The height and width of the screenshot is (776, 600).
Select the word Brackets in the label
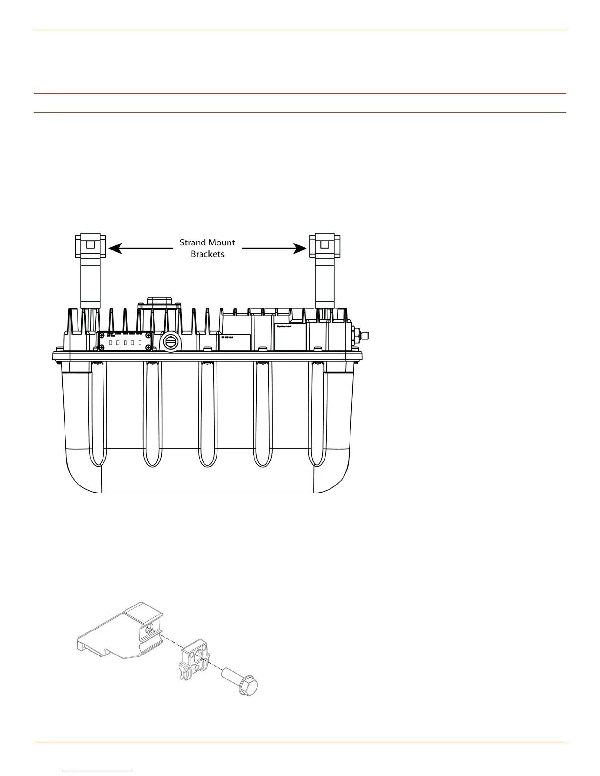pos(207,255)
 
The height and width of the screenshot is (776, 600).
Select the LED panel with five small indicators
pos(125,341)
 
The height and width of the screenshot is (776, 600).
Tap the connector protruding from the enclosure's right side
pos(363,336)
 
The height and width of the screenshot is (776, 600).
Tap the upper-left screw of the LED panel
pos(101,335)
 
